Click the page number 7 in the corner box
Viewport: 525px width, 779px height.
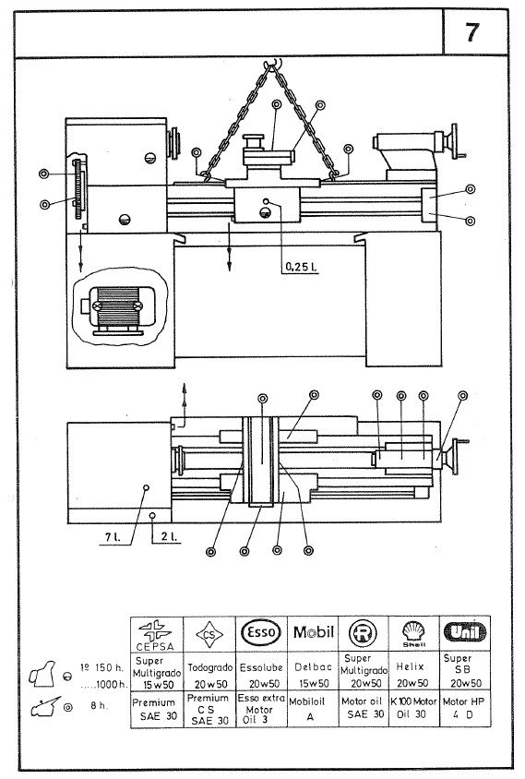471,33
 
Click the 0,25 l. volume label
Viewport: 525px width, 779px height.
299,267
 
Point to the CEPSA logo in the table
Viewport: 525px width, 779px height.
158,633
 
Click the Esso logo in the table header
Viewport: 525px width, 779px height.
262,633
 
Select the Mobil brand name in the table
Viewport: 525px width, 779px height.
313,633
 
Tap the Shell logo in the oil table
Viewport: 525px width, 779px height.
413,633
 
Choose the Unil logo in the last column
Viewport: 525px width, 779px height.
464,632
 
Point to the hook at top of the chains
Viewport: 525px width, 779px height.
273,65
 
